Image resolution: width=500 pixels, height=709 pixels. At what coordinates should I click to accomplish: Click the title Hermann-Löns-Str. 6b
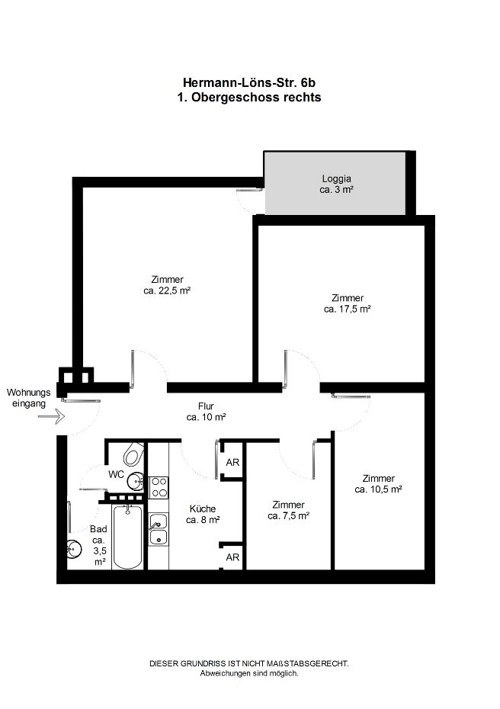point(249,83)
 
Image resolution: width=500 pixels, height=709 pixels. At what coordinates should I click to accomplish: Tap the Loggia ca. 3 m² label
point(336,184)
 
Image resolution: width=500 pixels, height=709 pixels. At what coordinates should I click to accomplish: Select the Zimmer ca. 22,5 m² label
point(167,285)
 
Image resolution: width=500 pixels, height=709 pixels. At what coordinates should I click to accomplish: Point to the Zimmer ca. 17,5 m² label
point(348,303)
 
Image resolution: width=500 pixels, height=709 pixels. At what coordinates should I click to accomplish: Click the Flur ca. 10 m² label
point(206,412)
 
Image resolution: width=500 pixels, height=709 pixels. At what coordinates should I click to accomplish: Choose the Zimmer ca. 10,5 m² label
point(378,483)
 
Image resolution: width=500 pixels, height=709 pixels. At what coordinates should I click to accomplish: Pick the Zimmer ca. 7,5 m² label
point(288,510)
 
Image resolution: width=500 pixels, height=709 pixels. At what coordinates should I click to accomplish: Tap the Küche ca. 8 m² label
point(203,514)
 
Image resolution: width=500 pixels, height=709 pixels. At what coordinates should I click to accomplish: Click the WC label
point(116,474)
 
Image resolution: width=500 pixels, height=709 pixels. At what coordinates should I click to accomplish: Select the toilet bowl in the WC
point(134,454)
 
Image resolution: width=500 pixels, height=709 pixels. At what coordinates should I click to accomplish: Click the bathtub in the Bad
point(127,537)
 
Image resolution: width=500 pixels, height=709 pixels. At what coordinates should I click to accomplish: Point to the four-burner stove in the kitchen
point(159,487)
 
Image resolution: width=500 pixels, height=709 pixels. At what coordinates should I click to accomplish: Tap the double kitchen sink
point(159,530)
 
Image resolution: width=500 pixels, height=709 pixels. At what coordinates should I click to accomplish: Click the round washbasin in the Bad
point(73,550)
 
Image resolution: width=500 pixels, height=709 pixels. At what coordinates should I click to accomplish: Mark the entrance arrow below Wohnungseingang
point(52,416)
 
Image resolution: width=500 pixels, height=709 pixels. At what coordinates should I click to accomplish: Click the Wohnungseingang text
point(28,398)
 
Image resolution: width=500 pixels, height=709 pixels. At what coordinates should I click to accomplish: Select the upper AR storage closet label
point(232,462)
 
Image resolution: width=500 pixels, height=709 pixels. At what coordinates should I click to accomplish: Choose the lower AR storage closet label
point(232,557)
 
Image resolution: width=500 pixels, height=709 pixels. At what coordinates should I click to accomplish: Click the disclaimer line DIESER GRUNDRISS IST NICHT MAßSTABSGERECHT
point(249,664)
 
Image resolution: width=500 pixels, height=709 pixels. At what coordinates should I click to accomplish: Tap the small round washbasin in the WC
point(135,481)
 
